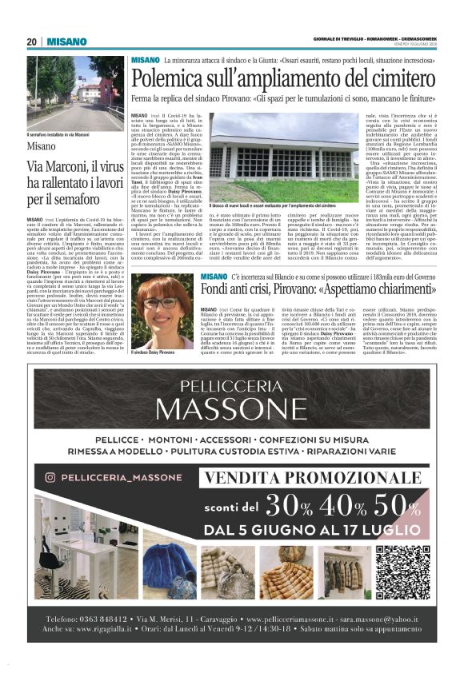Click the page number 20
(32, 42)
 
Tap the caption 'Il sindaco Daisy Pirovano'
(154, 352)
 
